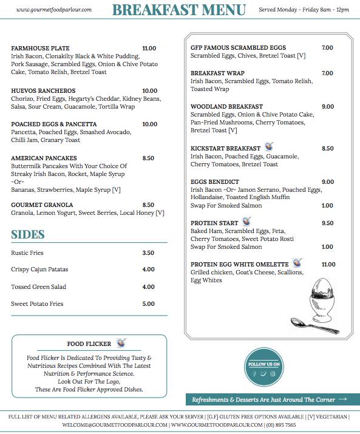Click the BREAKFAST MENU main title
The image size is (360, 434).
point(178,10)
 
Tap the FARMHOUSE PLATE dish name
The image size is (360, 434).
point(40,49)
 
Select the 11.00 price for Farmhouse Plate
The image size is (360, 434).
point(149,49)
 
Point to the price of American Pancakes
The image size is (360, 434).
point(148,158)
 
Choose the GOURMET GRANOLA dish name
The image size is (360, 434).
point(42,205)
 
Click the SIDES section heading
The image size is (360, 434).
point(27,235)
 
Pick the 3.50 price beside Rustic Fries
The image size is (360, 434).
point(148,253)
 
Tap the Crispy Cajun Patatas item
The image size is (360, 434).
point(39,270)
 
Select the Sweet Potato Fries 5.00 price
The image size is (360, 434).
point(148,304)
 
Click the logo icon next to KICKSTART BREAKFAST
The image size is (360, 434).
point(270,147)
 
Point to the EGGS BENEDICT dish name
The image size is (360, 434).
point(215,182)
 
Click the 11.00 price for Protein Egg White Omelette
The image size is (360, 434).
point(328,265)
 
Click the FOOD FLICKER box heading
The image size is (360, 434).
point(89,344)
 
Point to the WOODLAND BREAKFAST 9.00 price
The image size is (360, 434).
point(328,107)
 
